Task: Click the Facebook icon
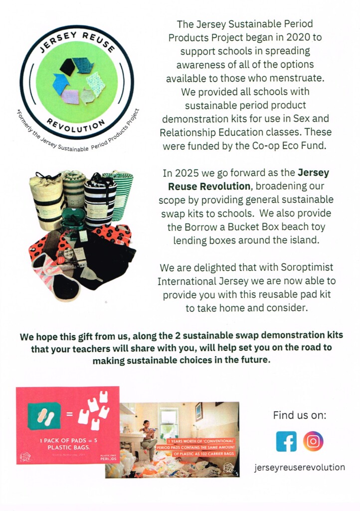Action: pyautogui.click(x=286, y=441)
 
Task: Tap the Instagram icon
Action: pyautogui.click(x=313, y=441)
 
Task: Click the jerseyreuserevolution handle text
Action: pyautogui.click(x=299, y=468)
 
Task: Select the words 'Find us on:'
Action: pyautogui.click(x=299, y=415)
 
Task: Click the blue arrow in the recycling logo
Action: pyautogui.click(x=61, y=83)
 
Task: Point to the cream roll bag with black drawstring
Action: pyautogui.click(x=46, y=200)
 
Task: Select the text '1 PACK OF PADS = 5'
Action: pyautogui.click(x=67, y=441)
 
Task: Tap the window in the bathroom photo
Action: pyautogui.click(x=169, y=423)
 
